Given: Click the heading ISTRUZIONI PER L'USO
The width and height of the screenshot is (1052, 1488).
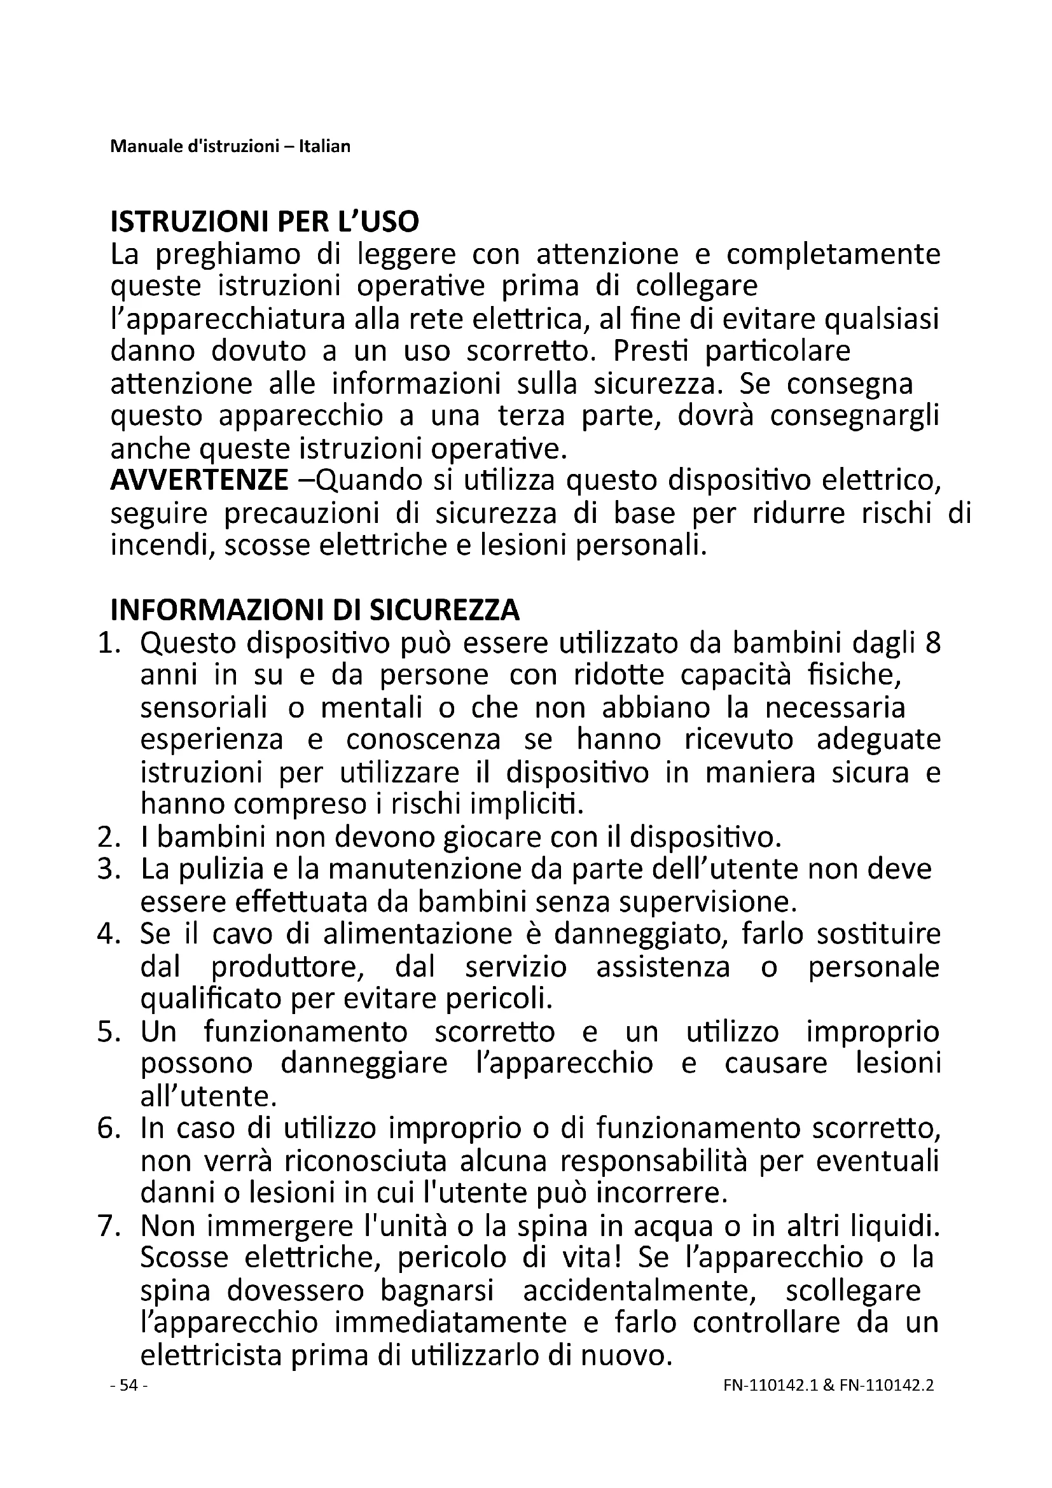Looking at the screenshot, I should tap(265, 221).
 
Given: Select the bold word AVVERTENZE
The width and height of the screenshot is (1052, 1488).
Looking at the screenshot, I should tap(199, 480).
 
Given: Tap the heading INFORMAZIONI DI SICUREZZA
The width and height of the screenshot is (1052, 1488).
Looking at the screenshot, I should tap(315, 610).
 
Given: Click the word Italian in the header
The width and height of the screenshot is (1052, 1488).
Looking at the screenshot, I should tap(324, 146).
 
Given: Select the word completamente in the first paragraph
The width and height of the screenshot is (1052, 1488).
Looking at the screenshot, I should tap(833, 254).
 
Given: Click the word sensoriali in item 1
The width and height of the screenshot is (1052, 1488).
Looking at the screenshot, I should tap(204, 707).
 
